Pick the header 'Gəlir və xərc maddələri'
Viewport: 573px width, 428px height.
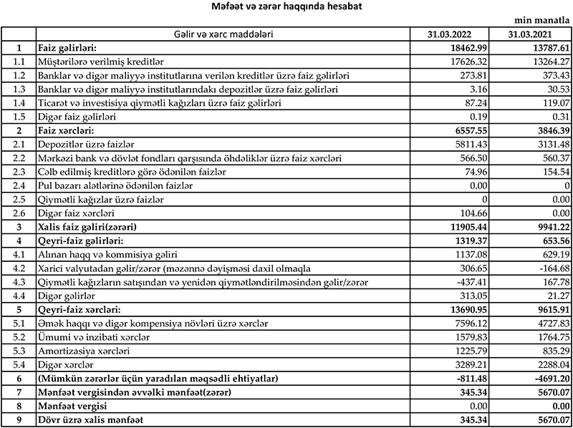tap(223, 34)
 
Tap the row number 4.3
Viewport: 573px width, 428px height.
tap(19, 281)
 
